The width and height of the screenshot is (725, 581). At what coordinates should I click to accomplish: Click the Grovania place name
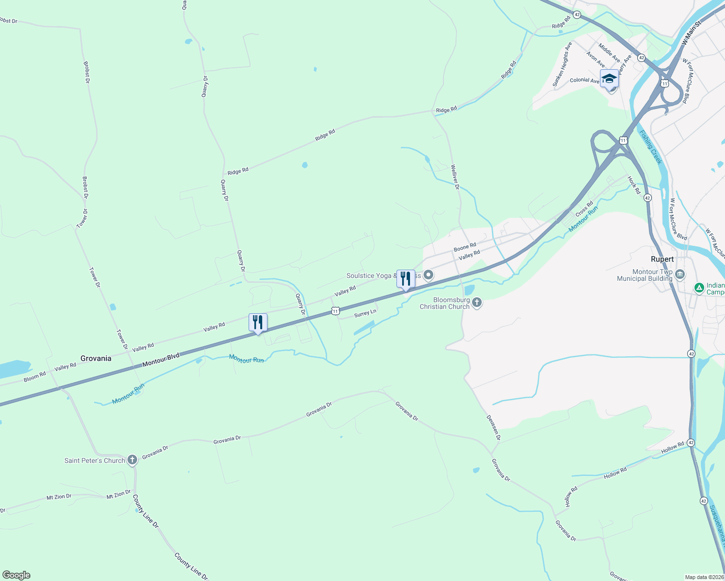pos(96,358)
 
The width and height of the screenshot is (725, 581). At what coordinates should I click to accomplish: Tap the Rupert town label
pos(662,259)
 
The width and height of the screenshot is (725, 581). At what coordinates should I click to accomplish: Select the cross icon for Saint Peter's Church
pos(132,460)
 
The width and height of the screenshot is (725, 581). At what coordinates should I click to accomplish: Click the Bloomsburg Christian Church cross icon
pos(477,303)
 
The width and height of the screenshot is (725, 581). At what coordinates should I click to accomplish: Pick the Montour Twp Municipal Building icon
pos(680,275)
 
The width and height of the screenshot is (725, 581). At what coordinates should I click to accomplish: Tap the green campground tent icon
pos(699,289)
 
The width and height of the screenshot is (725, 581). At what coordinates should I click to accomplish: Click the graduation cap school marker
pos(609,78)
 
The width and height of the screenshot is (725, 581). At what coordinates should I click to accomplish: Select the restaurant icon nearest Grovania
pos(258,322)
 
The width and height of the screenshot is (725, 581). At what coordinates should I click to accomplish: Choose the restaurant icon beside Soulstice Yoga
pos(406,279)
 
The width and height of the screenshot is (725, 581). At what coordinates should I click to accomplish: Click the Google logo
pos(16,575)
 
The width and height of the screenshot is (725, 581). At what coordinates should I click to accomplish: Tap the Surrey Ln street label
pos(365,314)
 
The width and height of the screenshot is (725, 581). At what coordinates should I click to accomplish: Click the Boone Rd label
pos(465,247)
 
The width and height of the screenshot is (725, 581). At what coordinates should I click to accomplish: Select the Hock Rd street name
pos(634,185)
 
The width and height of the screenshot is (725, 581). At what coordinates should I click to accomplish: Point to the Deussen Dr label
pos(494,428)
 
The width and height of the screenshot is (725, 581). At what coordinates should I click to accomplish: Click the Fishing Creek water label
pos(650,147)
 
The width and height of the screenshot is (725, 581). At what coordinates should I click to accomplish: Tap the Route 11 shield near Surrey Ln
pos(335,311)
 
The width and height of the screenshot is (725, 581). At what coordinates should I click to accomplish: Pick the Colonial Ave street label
pos(584,80)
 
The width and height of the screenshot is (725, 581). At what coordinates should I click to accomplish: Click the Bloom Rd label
pos(35,376)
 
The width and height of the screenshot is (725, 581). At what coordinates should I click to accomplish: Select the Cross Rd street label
pos(584,209)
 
